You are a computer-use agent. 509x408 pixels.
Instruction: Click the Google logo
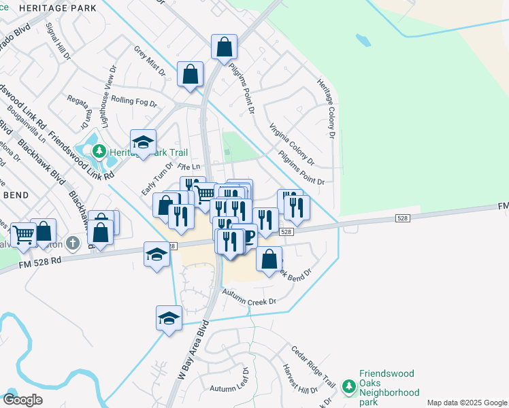pyautogui.click(x=22, y=400)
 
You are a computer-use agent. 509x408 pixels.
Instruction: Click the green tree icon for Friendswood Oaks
pyautogui.click(x=349, y=386)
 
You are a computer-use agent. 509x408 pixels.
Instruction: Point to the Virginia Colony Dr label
pyautogui.click(x=291, y=143)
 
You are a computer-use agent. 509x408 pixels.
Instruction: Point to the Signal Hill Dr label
pyautogui.click(x=58, y=40)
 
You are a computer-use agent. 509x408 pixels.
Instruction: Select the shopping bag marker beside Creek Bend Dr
pyautogui.click(x=269, y=258)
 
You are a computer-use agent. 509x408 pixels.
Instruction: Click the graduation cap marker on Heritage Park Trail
pyautogui.click(x=144, y=142)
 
